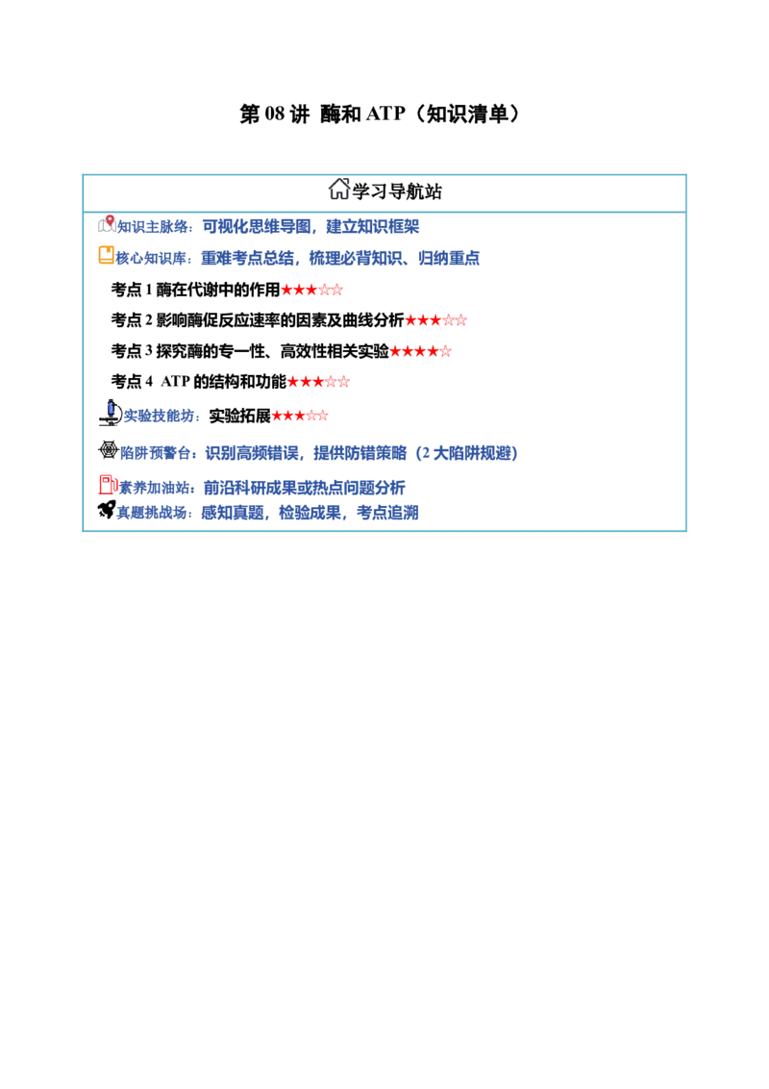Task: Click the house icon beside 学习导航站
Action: tap(338, 189)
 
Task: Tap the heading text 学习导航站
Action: tap(397, 191)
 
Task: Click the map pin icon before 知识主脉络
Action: tap(107, 223)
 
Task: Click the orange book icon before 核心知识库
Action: tap(106, 256)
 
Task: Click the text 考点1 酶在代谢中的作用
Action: tap(196, 289)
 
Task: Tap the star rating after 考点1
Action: tap(311, 290)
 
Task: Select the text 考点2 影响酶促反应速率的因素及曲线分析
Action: tap(258, 320)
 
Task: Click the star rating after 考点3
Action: tap(421, 351)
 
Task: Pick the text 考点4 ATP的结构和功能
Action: tap(198, 381)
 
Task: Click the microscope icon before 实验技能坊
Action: tap(110, 413)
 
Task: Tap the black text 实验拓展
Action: tap(239, 416)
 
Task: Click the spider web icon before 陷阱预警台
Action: tap(108, 450)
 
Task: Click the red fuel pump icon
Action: tap(108, 485)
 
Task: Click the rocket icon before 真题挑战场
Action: tap(106, 510)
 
